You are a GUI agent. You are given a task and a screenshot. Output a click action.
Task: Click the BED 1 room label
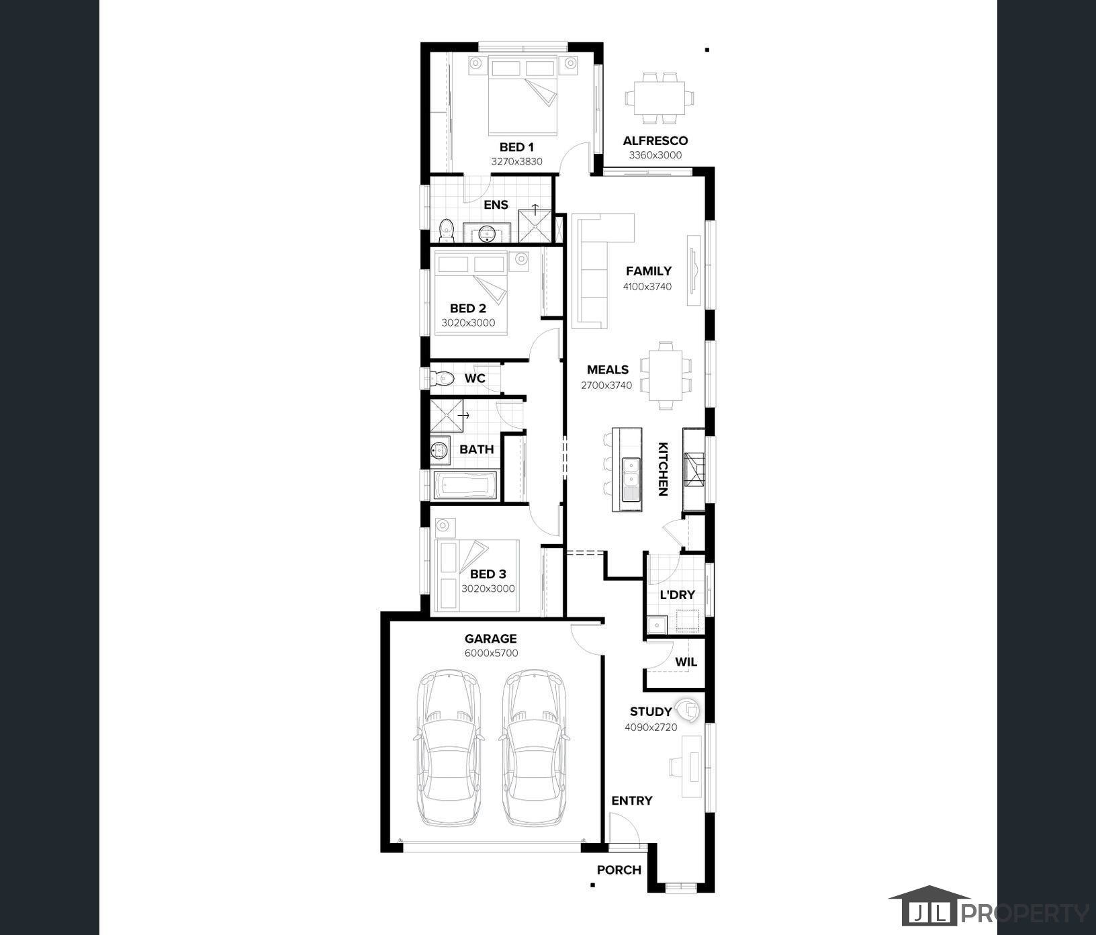click(x=516, y=147)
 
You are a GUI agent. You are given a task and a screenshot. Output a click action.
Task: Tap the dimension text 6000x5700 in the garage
click(x=491, y=653)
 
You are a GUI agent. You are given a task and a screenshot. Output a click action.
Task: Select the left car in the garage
click(x=449, y=747)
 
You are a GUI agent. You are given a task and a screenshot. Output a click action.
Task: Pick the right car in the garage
click(x=534, y=747)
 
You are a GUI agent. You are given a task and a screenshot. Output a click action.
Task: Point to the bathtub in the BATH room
click(x=465, y=486)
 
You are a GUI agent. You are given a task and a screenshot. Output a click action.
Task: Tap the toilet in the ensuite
click(x=446, y=230)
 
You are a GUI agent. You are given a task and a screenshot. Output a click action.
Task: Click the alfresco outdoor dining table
click(x=659, y=98)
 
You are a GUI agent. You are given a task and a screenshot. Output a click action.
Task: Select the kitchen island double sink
click(x=631, y=480)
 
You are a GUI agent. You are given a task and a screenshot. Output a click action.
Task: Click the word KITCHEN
click(x=662, y=469)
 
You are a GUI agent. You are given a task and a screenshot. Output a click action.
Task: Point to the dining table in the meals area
click(x=666, y=375)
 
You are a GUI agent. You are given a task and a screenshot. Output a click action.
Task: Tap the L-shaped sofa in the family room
click(x=598, y=271)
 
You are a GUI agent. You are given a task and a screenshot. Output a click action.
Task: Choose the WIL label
click(x=686, y=662)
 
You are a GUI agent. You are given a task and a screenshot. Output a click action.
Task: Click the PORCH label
click(x=619, y=870)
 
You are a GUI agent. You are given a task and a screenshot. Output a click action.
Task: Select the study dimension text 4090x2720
click(x=651, y=727)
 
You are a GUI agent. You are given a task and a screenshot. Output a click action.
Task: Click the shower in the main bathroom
click(x=446, y=416)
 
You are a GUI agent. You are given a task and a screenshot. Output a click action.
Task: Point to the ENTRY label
click(x=632, y=801)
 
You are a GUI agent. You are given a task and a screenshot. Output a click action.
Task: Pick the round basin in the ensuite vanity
click(x=488, y=234)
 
